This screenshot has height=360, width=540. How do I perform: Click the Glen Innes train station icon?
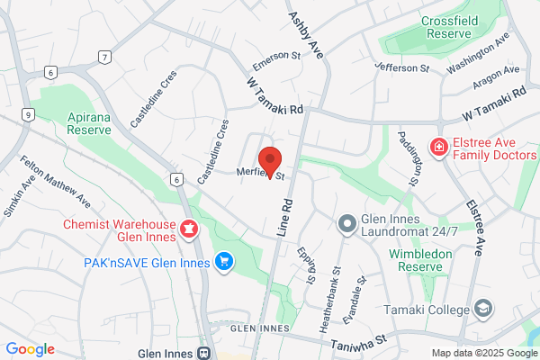(204, 353)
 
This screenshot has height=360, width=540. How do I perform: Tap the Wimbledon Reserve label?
(426, 261)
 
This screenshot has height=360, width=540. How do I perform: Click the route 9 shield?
(30, 114)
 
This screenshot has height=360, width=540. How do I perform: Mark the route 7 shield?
(105, 58)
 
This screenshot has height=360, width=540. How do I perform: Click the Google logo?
(30, 349)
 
